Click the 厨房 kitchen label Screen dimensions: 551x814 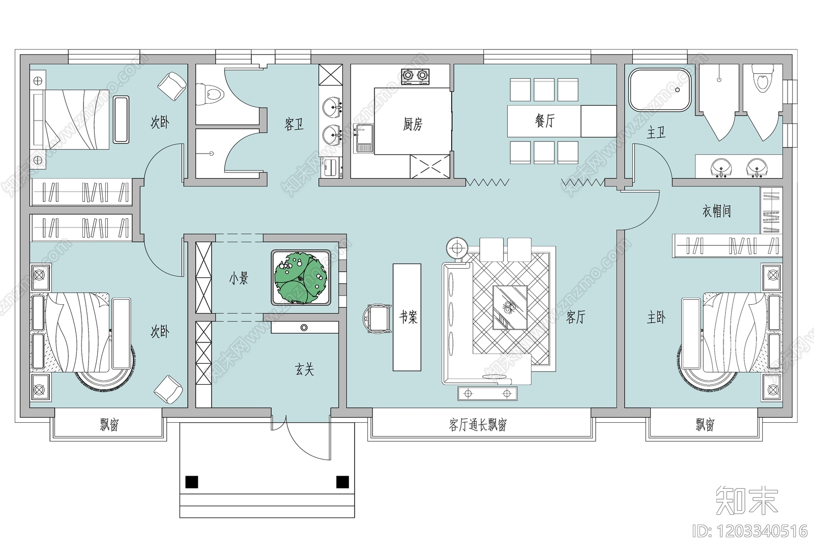point(412,124)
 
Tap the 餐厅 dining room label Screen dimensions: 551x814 point(544,121)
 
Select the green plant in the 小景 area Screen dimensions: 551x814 point(301,277)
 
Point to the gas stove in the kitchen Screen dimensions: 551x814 point(415,76)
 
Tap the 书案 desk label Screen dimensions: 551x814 point(407,317)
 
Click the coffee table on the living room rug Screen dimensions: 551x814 point(510,307)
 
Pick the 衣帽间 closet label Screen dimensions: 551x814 point(716,211)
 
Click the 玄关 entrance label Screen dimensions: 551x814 point(304,369)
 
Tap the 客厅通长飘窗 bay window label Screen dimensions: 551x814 point(477,425)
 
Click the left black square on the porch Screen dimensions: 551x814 point(192,481)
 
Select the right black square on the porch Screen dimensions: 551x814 point(342,481)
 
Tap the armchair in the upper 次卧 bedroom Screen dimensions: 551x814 point(171,85)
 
